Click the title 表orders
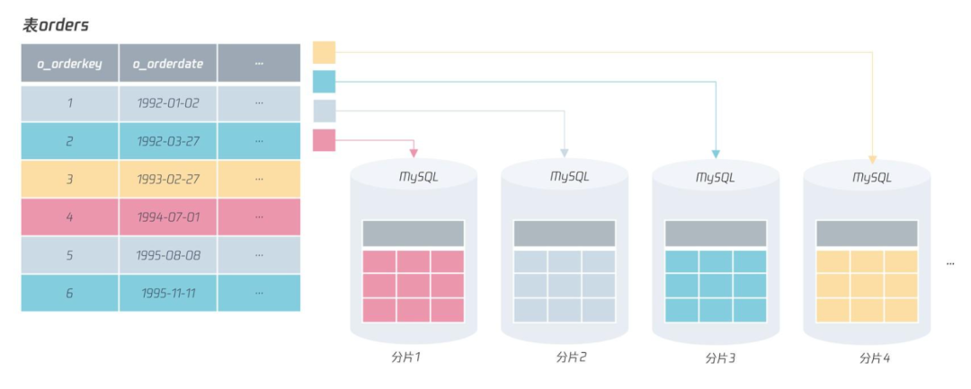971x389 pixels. (x=56, y=25)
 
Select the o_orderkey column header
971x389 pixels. (x=69, y=64)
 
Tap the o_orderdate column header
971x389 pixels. (x=168, y=64)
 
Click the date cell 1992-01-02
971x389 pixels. (x=168, y=103)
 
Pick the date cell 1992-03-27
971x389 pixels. (x=168, y=141)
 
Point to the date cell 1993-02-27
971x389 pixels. (x=168, y=179)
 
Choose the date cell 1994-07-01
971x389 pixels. (x=168, y=217)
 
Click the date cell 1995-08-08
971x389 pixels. (x=168, y=255)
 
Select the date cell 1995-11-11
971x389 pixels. (x=168, y=293)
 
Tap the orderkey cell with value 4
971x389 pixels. (x=69, y=217)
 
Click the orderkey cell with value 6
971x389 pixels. (x=69, y=293)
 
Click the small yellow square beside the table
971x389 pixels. (x=324, y=52)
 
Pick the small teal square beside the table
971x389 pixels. (x=324, y=82)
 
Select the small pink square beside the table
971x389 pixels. (x=324, y=140)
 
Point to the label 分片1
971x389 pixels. (x=406, y=358)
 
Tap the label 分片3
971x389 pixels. (x=720, y=358)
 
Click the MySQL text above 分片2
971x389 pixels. (x=565, y=177)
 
